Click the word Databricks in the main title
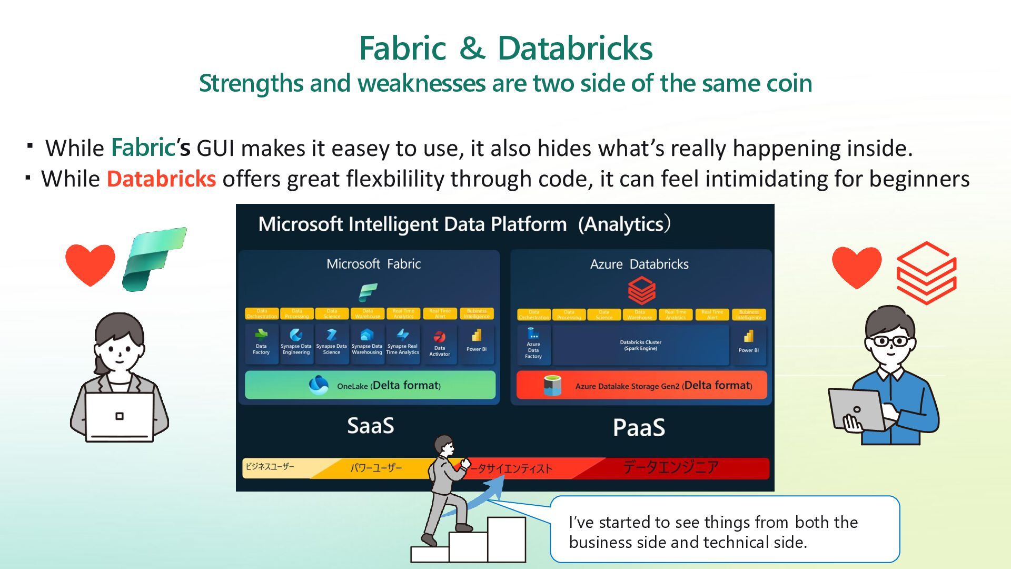[x=574, y=48]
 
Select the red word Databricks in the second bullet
[x=161, y=179]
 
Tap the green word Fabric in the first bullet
[x=143, y=148]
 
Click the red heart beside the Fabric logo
[x=90, y=264]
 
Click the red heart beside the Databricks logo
[x=856, y=267]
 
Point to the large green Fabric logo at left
[x=154, y=259]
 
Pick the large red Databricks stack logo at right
[x=926, y=272]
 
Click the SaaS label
[x=370, y=426]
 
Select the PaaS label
[x=639, y=427]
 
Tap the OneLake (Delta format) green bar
[x=370, y=385]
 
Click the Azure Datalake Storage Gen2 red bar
[x=641, y=385]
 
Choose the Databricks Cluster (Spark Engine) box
[x=640, y=345]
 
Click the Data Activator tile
[x=439, y=344]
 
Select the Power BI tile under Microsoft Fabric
[x=476, y=342]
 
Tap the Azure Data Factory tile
[x=533, y=345]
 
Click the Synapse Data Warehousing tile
[x=366, y=344]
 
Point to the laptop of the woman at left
[x=120, y=416]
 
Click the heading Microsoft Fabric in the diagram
[x=373, y=264]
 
